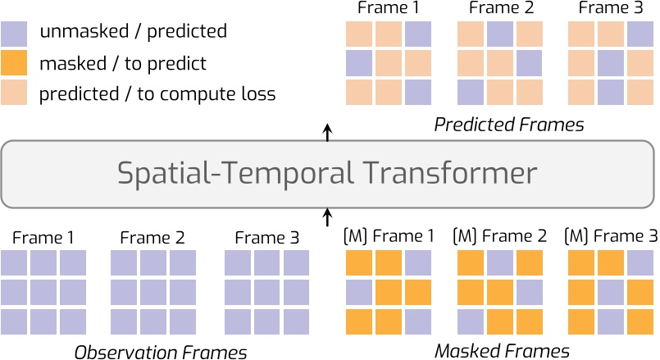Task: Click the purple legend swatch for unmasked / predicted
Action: click(x=15, y=33)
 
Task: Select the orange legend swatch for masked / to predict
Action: click(x=15, y=63)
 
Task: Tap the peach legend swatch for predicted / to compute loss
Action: click(x=15, y=93)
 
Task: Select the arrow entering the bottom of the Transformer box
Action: click(x=328, y=216)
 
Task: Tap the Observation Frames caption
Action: click(x=161, y=353)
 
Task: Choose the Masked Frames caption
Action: click(x=502, y=352)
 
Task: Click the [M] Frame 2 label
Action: click(x=498, y=237)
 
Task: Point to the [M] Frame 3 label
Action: click(x=611, y=237)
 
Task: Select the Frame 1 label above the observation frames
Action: click(x=43, y=239)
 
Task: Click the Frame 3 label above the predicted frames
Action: click(x=610, y=9)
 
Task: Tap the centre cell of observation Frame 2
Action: click(x=153, y=292)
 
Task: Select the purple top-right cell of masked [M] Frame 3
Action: click(x=640, y=263)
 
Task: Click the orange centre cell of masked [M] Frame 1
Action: click(x=388, y=292)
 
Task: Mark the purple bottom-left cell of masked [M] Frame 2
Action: click(x=470, y=320)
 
